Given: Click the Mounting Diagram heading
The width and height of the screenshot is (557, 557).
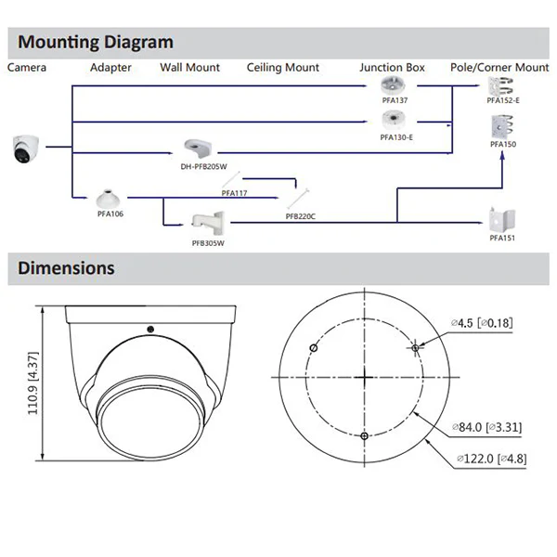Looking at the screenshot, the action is (x=96, y=43).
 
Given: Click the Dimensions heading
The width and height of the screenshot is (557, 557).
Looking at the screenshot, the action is (x=66, y=268).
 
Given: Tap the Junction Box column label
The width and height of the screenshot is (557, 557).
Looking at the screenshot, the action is (x=392, y=67).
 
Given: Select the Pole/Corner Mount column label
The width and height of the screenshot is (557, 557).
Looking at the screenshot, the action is (x=499, y=67).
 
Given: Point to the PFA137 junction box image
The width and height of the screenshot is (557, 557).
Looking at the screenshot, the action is (x=393, y=86).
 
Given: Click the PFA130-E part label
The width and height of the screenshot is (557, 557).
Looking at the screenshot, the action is (x=396, y=137).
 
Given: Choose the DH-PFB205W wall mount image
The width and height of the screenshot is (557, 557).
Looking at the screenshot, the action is (x=198, y=149).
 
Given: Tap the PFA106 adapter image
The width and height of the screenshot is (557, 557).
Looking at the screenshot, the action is (x=108, y=200).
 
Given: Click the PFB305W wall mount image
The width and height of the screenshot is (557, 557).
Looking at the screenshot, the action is (x=208, y=224).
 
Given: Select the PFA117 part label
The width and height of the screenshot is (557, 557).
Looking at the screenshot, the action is (x=235, y=193).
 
